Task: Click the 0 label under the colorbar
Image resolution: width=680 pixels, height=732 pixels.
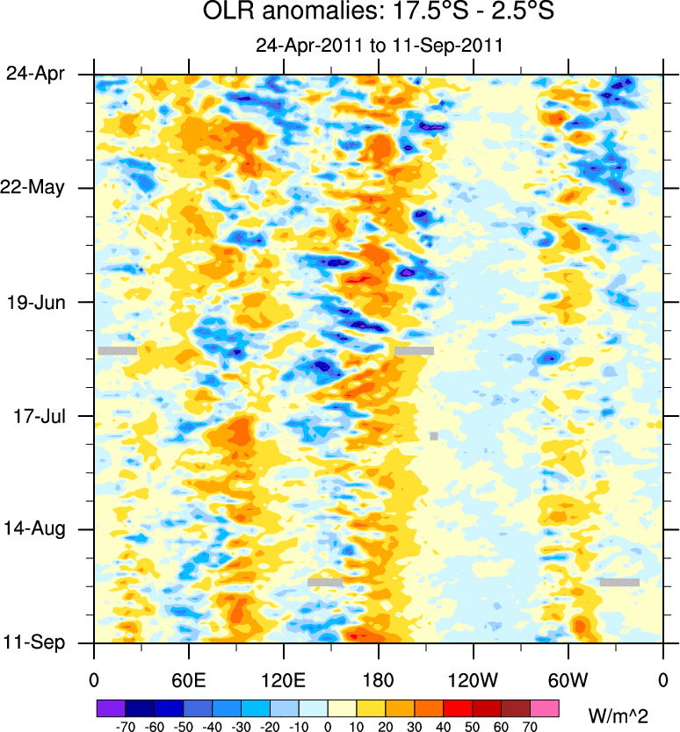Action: coord(328,725)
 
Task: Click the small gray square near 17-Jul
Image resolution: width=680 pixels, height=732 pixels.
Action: coord(434,436)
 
